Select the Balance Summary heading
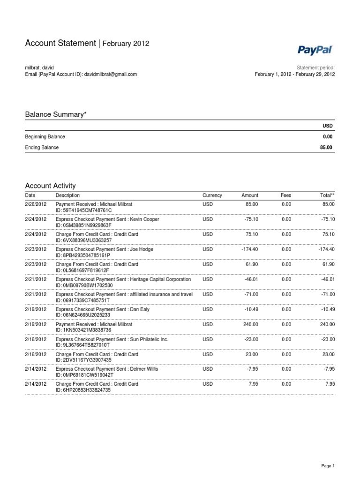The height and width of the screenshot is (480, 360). [x=56, y=114]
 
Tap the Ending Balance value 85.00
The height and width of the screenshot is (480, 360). [x=326, y=147]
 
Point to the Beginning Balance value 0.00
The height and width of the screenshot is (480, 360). [x=328, y=136]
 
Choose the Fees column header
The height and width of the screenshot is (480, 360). [x=286, y=195]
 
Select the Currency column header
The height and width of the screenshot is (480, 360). [x=212, y=195]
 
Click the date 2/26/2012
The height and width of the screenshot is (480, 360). [x=36, y=204]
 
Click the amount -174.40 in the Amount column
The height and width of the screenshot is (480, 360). [x=249, y=249]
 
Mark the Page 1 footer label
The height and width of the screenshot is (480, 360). [x=327, y=466]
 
